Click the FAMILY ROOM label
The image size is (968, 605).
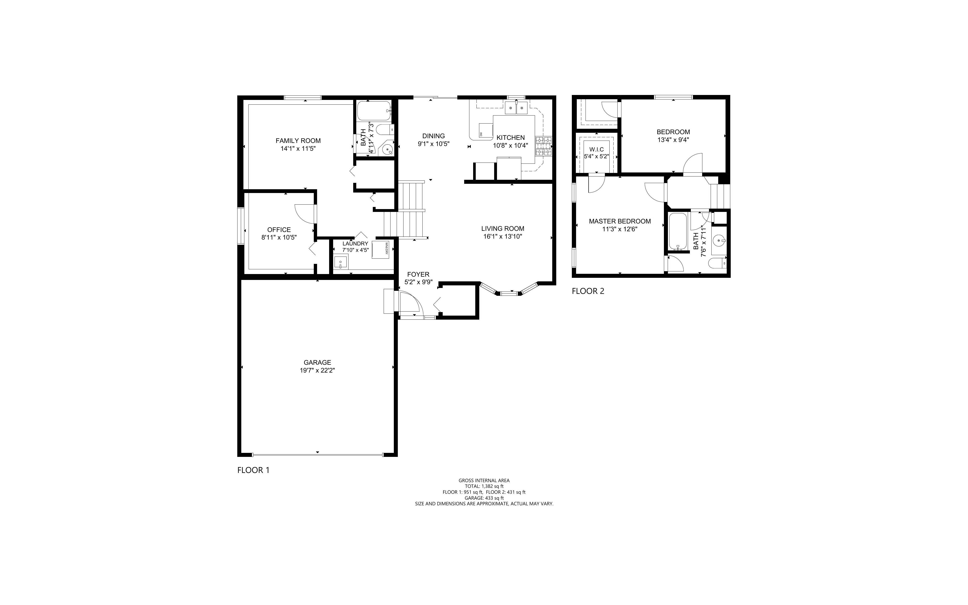point(298,141)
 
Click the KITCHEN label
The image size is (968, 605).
point(511,138)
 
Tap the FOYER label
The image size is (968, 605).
point(418,275)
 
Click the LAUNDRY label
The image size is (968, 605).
point(355,244)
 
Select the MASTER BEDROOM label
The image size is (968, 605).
point(620,221)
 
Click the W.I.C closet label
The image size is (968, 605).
point(597,150)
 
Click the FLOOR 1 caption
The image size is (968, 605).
point(254,470)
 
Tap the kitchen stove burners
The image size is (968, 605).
point(543,146)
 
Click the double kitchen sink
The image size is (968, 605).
point(516,108)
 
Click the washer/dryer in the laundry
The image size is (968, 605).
point(381,250)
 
